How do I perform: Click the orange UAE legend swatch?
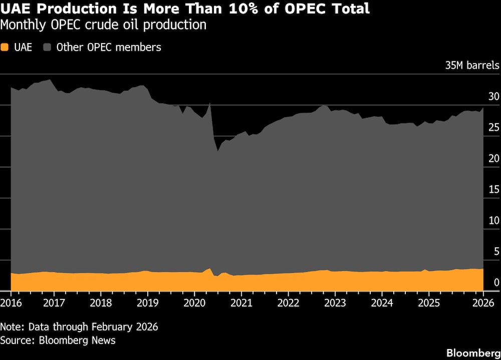click(5, 48)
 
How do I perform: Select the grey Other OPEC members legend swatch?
click(48, 48)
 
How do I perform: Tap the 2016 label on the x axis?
click(11, 303)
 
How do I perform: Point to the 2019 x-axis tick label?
click(147, 303)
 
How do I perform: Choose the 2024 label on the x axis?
click(382, 303)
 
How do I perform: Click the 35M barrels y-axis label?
click(472, 66)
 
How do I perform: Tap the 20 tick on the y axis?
click(493, 158)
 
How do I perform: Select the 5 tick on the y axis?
click(496, 251)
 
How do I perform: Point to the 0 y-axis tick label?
click(496, 282)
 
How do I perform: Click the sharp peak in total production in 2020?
click(209, 103)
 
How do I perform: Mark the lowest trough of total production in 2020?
click(218, 150)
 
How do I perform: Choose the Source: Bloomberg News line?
click(58, 340)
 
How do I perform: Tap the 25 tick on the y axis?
click(493, 127)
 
